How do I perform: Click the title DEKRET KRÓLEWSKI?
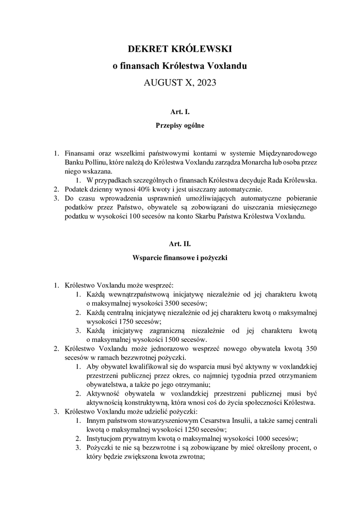180,49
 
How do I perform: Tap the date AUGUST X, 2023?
180,82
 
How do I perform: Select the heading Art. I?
180,111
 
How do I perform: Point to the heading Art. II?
180,243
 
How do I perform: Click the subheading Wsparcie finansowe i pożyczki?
180,256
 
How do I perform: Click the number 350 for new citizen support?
310,349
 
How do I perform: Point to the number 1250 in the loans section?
175,430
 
